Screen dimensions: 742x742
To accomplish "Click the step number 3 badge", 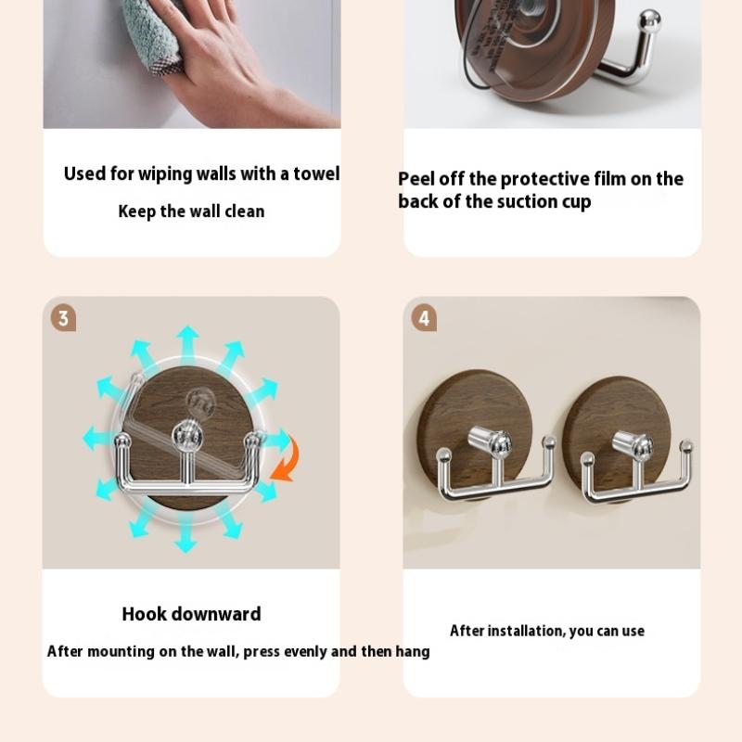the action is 63,318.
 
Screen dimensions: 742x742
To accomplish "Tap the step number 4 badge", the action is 424,317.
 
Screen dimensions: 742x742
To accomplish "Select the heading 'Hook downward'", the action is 192,614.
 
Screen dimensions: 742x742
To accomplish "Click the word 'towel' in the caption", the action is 316,173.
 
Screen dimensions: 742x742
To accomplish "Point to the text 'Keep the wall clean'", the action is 191,211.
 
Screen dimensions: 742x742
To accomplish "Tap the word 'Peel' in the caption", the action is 416,179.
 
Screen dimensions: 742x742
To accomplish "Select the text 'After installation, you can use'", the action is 547,631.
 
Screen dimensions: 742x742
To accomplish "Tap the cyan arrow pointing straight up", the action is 188,339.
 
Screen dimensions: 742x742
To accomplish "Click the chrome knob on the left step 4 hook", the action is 490,441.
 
